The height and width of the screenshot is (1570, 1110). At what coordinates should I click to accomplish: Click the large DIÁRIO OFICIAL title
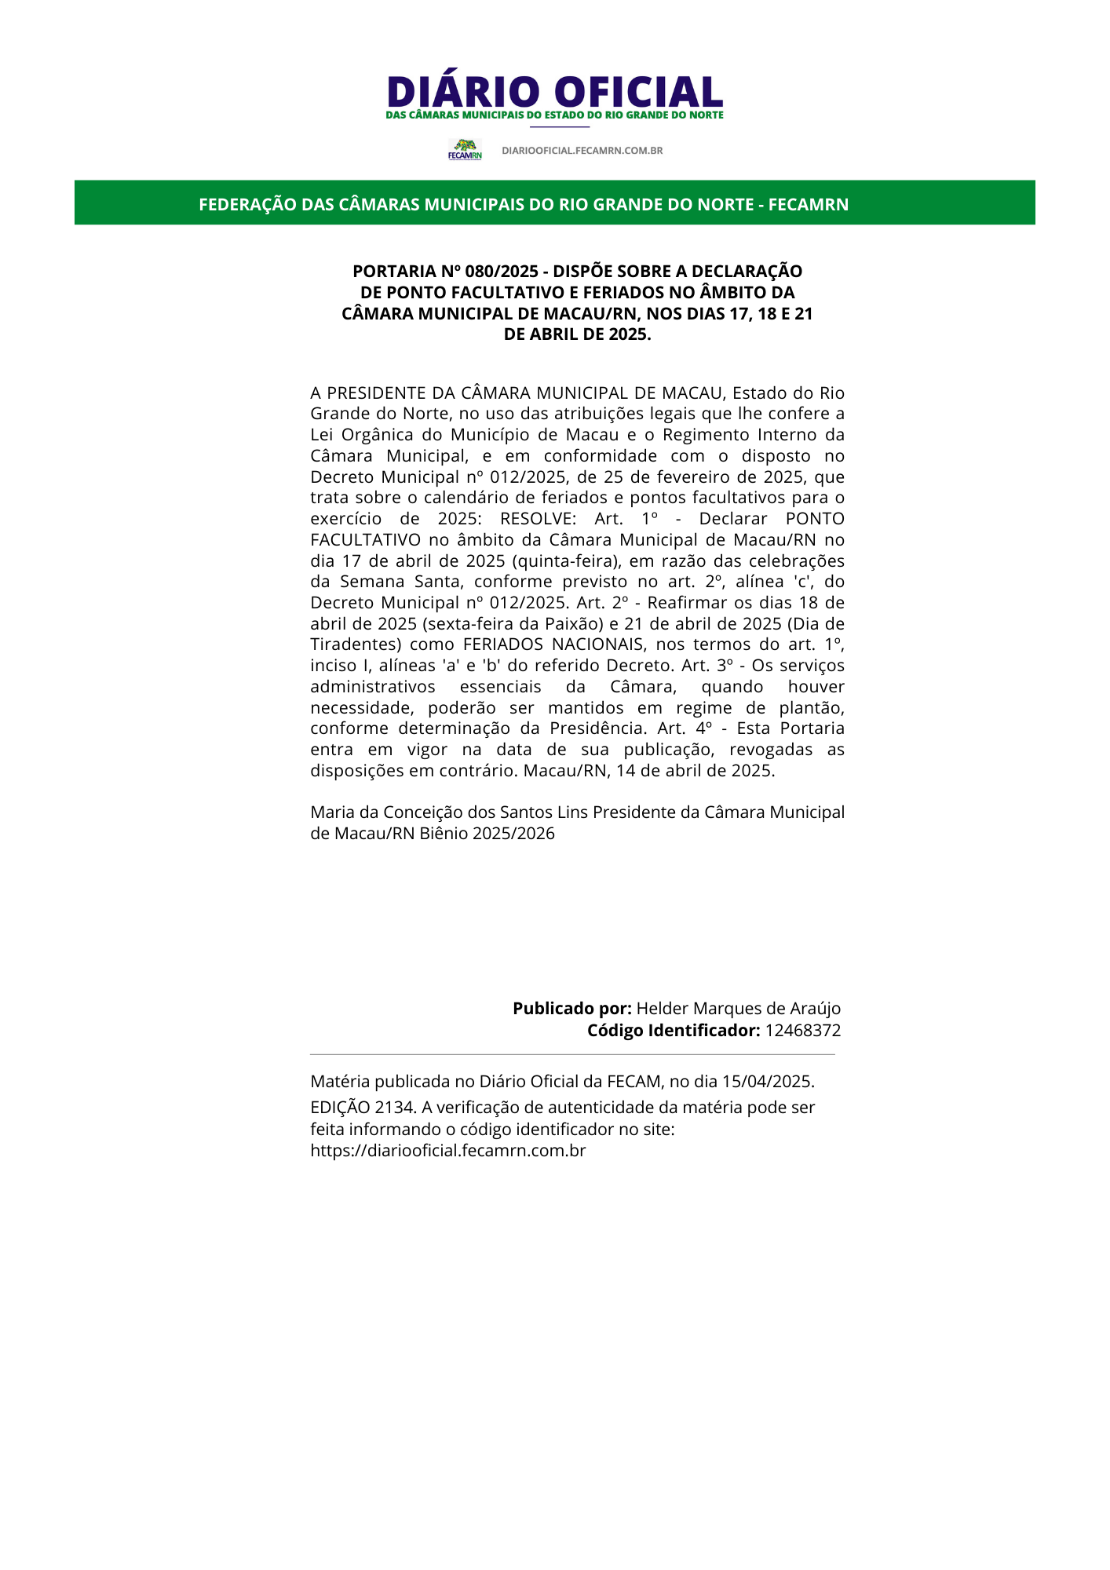click(x=554, y=92)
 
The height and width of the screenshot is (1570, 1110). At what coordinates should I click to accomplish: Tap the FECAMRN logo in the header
click(x=465, y=149)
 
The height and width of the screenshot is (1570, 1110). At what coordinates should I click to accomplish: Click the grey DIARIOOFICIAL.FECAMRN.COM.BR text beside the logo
click(x=582, y=151)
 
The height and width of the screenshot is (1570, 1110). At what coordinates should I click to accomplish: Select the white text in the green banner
click(x=524, y=205)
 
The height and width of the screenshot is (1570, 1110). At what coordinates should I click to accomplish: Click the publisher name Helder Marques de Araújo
click(x=738, y=1009)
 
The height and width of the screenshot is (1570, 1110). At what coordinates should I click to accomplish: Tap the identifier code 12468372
click(x=802, y=1031)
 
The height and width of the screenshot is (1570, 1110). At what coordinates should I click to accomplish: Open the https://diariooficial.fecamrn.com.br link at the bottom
click(x=447, y=1151)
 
